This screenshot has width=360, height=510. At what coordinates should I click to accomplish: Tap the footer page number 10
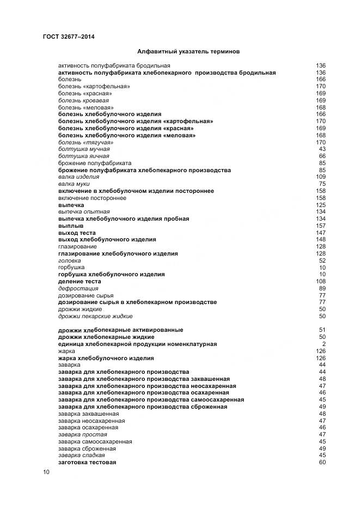coord(46,472)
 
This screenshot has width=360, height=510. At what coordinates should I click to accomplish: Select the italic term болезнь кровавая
coord(83,101)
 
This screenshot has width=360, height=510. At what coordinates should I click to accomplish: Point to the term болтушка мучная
coord(84,149)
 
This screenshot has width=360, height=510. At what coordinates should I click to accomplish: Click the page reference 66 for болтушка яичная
coord(322,156)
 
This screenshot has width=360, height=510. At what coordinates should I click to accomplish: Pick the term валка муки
coord(74,184)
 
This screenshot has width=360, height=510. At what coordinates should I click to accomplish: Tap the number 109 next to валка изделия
coord(321,177)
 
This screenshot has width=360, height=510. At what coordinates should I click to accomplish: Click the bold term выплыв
coord(71,226)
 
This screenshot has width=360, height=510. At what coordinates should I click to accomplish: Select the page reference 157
coord(321,226)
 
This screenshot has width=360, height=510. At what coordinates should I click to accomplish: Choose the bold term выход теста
coord(77,233)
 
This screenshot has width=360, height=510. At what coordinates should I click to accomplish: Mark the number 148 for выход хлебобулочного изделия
coord(321,240)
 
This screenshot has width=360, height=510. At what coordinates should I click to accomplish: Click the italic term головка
coord(70,260)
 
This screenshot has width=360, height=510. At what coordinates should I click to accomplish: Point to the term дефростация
coord(78,288)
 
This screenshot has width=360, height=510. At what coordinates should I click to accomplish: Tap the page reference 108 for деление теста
coord(321,281)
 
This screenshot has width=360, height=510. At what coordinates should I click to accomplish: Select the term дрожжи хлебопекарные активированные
coord(120,330)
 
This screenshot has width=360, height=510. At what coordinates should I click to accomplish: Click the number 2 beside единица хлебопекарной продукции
coord(324,344)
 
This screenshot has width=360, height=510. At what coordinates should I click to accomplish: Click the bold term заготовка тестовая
coord(87,462)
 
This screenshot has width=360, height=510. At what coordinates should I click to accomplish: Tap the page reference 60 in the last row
coord(322,462)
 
